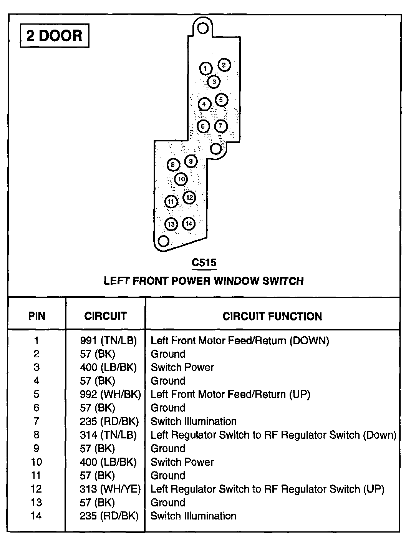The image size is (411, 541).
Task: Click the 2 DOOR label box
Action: [x=54, y=36]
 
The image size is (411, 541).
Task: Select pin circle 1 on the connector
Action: [x=205, y=69]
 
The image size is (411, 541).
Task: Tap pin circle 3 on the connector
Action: [x=214, y=82]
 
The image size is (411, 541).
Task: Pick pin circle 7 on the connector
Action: [x=220, y=126]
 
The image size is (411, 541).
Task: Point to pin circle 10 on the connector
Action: [x=181, y=179]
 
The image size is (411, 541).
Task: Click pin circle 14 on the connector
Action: [x=188, y=224]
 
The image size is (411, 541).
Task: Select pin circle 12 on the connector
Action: [x=189, y=197]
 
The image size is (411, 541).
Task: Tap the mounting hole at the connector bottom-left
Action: [x=164, y=241]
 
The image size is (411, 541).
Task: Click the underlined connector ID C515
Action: [x=204, y=263]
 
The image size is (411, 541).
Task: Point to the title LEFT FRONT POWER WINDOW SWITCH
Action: [x=204, y=281]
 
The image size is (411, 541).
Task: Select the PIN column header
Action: [x=37, y=316]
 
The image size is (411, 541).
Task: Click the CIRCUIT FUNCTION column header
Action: [x=272, y=316]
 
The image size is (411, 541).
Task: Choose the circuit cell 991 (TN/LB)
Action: [x=108, y=340]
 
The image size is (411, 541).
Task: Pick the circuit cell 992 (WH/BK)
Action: [x=110, y=394]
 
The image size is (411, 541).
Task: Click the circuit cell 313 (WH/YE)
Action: [x=110, y=489]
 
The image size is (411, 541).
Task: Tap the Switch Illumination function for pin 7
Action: [x=193, y=422]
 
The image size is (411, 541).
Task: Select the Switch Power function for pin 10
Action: [x=182, y=462]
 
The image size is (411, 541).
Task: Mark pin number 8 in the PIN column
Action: [x=36, y=435]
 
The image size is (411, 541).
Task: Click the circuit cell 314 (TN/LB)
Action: [x=108, y=435]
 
